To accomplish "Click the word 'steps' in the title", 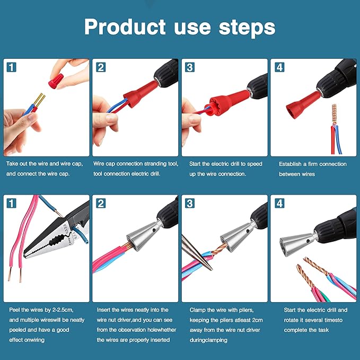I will tap(244, 28).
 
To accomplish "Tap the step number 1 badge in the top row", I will tap(11, 67).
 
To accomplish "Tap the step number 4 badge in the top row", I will tap(279, 67).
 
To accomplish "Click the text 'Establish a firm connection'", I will tap(312, 164).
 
